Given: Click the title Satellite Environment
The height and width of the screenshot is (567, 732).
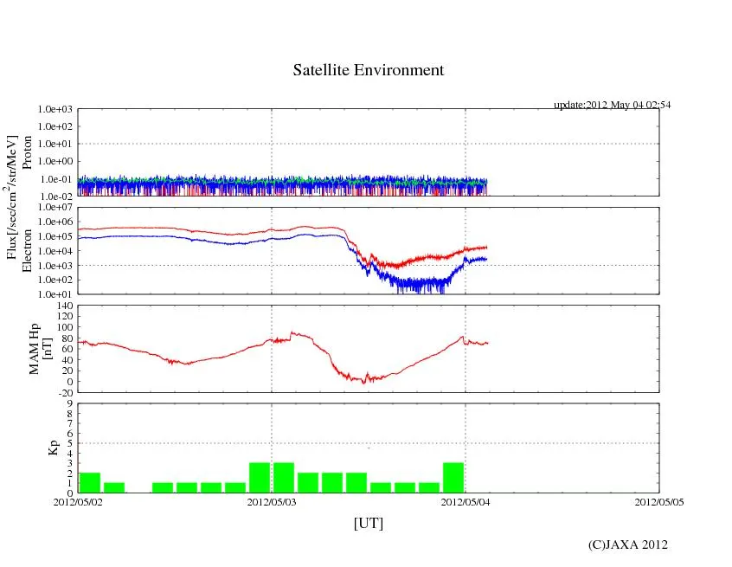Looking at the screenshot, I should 368,70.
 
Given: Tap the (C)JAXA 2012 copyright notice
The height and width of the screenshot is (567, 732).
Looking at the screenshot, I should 627,544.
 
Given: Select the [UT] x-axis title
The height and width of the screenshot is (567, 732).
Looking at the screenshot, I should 368,523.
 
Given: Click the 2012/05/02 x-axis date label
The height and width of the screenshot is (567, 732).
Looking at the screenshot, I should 78,501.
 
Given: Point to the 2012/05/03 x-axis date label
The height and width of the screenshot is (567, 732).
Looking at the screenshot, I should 272,501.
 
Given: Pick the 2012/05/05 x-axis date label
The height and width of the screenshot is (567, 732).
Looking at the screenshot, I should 659,501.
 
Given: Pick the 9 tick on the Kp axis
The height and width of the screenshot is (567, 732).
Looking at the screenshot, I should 70,403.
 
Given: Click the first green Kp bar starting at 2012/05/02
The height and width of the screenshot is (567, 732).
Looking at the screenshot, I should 90,482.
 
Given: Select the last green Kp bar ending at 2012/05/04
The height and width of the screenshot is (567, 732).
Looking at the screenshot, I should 453,477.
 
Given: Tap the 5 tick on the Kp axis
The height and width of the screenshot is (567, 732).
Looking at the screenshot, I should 70,443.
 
